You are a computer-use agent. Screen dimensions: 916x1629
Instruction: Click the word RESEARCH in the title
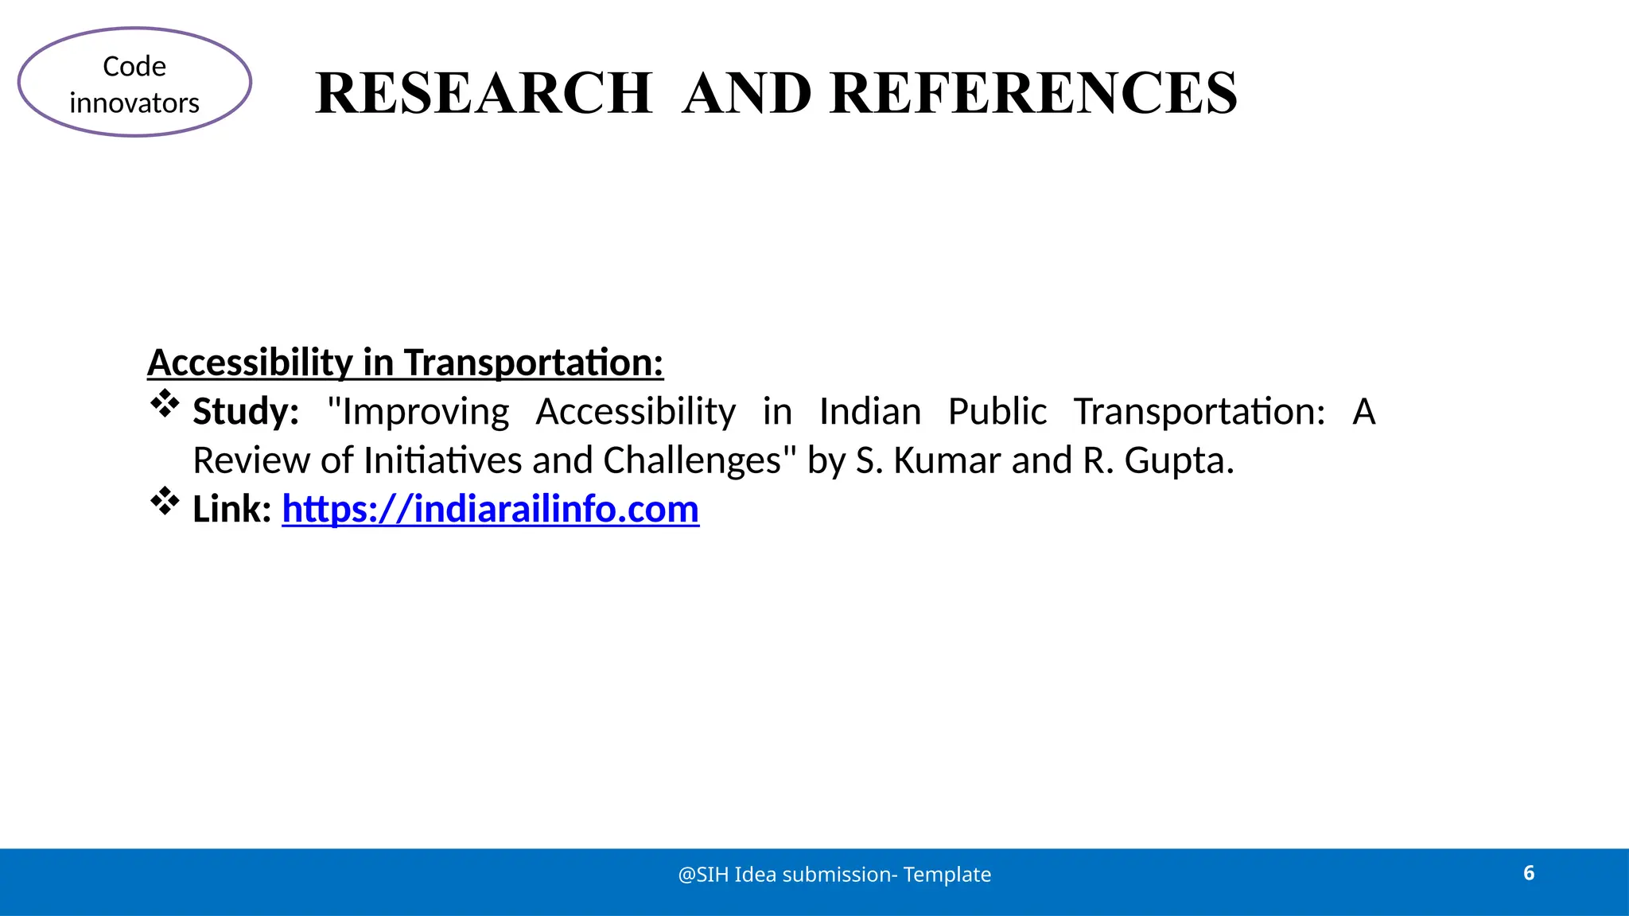(x=484, y=94)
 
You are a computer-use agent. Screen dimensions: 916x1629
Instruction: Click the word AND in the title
(x=747, y=94)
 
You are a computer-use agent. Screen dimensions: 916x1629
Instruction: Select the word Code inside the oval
(x=134, y=67)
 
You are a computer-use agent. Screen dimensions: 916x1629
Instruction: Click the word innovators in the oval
(x=134, y=103)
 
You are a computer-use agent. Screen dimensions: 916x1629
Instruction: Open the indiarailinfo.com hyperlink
(x=490, y=509)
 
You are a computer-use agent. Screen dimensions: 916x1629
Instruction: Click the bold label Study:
(x=246, y=412)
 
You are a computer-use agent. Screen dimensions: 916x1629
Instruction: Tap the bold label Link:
(x=232, y=509)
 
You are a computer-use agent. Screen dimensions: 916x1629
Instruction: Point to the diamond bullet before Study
(x=165, y=404)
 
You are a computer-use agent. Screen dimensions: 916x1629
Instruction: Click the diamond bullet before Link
(x=165, y=501)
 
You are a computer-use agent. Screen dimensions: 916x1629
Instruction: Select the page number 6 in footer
(x=1528, y=873)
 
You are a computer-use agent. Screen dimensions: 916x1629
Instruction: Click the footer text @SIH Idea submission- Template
(x=834, y=875)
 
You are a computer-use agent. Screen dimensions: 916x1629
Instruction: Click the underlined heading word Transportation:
(x=533, y=363)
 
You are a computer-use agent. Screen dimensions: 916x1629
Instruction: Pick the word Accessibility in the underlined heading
(x=250, y=363)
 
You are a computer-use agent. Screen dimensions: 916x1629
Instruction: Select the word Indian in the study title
(x=869, y=412)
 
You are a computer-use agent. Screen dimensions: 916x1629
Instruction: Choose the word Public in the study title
(x=997, y=412)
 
